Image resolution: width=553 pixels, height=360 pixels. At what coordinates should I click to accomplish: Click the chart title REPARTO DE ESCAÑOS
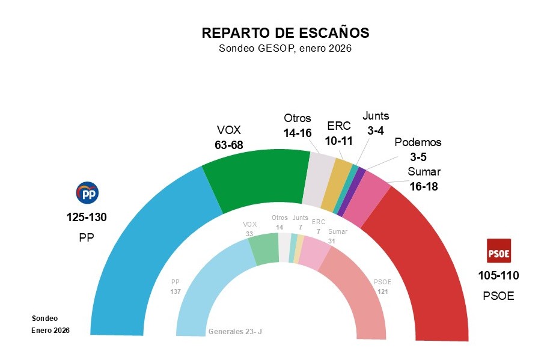285,32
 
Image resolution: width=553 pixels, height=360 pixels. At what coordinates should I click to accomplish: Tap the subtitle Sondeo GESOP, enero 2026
285,49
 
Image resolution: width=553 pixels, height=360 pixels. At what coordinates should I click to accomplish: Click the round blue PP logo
87,193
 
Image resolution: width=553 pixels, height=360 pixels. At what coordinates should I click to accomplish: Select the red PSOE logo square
498,253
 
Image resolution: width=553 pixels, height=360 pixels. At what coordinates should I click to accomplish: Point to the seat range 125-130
87,217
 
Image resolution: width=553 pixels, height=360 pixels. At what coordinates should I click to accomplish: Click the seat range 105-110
498,276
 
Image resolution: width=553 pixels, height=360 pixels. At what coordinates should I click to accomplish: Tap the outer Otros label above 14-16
297,118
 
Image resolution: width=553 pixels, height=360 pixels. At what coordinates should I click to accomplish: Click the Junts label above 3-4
376,116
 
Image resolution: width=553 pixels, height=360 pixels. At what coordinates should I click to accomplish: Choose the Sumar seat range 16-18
423,186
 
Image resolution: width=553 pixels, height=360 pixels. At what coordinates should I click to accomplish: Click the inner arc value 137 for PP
176,291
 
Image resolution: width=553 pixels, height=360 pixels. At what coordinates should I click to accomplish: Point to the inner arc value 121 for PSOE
383,291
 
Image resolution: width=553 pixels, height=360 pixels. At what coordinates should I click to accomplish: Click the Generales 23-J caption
235,331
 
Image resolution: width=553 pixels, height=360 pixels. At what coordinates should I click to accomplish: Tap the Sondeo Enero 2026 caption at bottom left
50,324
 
